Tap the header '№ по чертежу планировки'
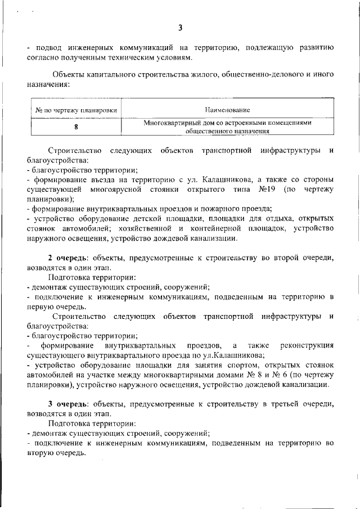76,110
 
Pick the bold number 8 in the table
76,127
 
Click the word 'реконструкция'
306,345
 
